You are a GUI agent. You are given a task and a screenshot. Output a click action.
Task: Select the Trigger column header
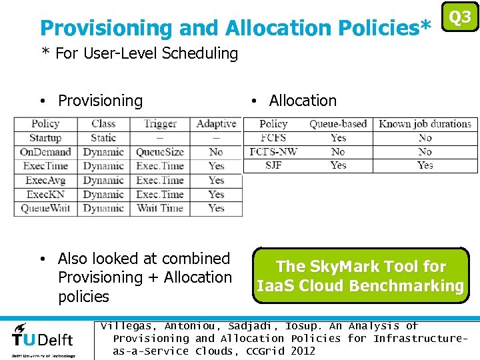pyautogui.click(x=160, y=123)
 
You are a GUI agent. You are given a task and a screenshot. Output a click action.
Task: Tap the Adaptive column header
pyautogui.click(x=216, y=123)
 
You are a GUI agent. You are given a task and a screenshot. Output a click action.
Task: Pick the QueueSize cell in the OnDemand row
pyautogui.click(x=160, y=152)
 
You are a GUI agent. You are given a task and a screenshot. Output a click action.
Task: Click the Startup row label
pyautogui.click(x=45, y=138)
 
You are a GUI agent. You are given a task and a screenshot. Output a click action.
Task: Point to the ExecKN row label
pyautogui.click(x=45, y=194)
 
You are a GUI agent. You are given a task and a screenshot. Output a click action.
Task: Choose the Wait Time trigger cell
pyautogui.click(x=160, y=208)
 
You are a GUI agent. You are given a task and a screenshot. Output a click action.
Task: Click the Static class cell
pyautogui.click(x=103, y=138)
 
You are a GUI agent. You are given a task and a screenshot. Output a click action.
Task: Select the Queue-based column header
pyautogui.click(x=338, y=124)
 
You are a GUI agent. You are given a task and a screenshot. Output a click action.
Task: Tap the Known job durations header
pyautogui.click(x=425, y=124)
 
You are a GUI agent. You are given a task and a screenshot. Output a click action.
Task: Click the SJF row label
pyautogui.click(x=273, y=165)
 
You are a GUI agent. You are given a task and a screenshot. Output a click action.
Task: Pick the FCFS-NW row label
pyautogui.click(x=273, y=151)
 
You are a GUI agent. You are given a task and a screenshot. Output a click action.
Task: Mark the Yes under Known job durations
pyautogui.click(x=425, y=165)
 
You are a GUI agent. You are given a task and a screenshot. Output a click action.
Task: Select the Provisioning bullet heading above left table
pyautogui.click(x=100, y=101)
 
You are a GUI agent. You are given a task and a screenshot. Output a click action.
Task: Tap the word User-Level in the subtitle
pyautogui.click(x=119, y=53)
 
